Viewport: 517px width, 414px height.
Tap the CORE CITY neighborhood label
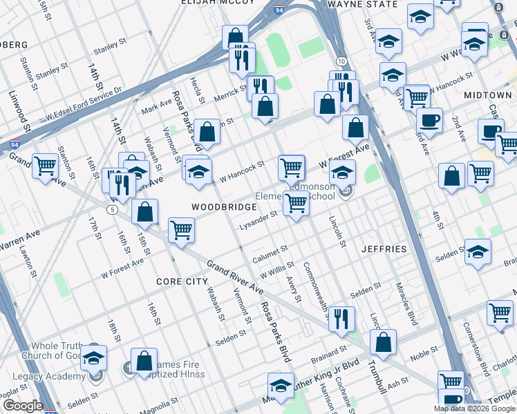coord(182,282)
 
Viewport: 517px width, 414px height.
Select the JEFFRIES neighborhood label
coord(384,248)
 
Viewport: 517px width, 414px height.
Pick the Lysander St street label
coord(258,220)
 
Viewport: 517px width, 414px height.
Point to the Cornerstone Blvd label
coord(478,348)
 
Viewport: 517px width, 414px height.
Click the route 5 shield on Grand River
coord(111,208)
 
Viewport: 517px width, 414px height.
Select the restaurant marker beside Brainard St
coord(341,317)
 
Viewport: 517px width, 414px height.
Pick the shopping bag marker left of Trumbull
coord(383,341)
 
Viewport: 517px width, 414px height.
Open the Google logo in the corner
coord(22,406)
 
